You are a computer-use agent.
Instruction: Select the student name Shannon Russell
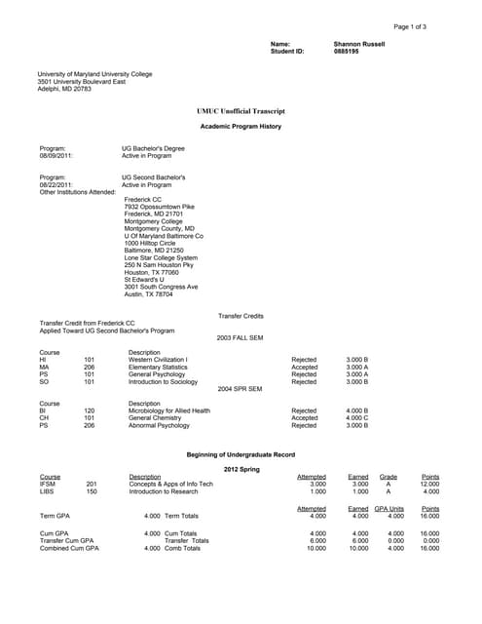point(359,44)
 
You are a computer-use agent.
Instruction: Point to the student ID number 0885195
point(347,51)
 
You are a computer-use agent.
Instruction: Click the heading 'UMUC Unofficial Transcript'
point(241,111)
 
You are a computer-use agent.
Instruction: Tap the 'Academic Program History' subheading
point(241,127)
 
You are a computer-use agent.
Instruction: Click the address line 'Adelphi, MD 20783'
point(64,89)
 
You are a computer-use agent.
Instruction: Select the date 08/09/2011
point(56,155)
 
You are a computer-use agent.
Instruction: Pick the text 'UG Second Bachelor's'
point(154,177)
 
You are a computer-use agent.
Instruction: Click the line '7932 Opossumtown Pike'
point(160,207)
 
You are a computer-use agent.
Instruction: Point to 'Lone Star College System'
point(161,257)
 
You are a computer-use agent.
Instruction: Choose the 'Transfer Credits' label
point(241,316)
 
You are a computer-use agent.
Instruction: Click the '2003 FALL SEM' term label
point(241,337)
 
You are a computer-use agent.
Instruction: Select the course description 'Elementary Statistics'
point(161,367)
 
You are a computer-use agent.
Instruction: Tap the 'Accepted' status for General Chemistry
point(304,418)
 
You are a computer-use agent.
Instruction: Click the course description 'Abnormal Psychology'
point(160,425)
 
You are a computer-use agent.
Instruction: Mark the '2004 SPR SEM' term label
point(241,389)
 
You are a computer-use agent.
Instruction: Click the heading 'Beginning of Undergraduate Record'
point(241,454)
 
